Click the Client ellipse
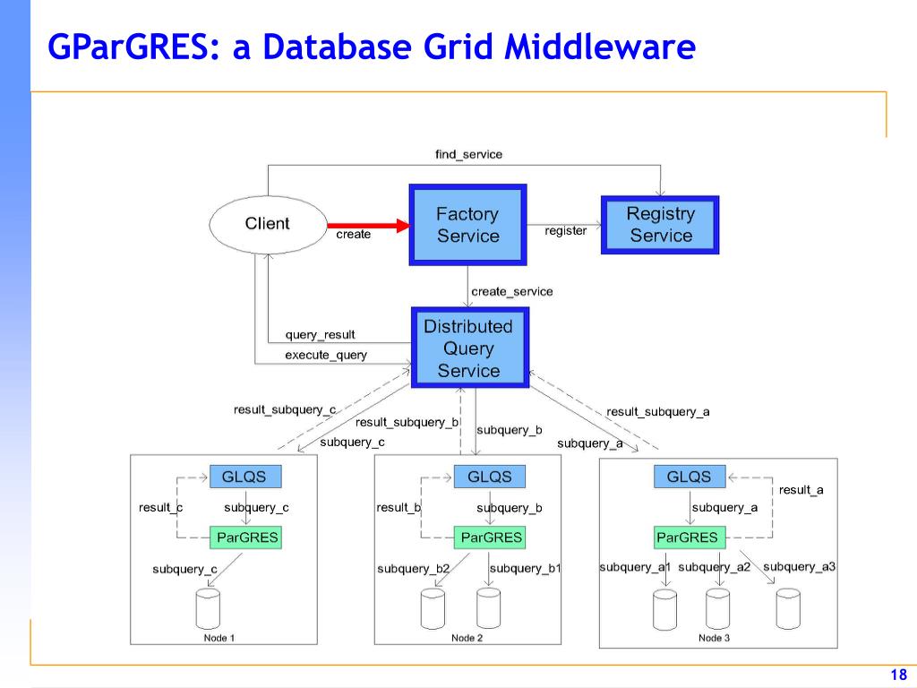tap(268, 225)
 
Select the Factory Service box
tap(467, 225)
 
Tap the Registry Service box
tap(660, 225)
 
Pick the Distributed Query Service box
tap(469, 348)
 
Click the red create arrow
tap(369, 225)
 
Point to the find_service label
tap(468, 154)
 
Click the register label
tap(566, 231)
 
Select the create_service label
tap(511, 291)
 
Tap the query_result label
tap(320, 335)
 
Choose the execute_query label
tap(326, 355)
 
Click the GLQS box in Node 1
tap(245, 477)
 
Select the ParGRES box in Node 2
tap(490, 537)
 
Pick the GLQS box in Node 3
tap(690, 477)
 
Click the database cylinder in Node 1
tap(208, 609)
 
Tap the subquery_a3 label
tap(799, 566)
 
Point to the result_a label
tap(801, 490)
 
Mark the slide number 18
tap(899, 675)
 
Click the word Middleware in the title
tap(600, 47)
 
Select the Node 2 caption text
tap(467, 638)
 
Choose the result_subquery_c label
tap(285, 409)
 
